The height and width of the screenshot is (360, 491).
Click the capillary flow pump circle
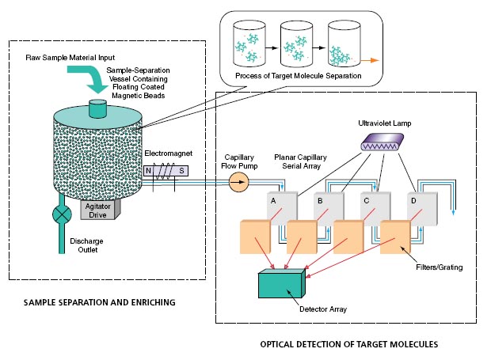(239, 182)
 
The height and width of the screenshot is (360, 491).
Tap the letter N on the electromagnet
(148, 171)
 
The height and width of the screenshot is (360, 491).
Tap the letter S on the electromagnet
(181, 171)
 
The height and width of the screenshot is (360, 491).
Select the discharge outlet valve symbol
(62, 214)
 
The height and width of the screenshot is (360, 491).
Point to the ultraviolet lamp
(382, 142)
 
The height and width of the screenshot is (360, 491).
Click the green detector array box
(281, 283)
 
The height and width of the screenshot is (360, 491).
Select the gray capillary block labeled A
(282, 208)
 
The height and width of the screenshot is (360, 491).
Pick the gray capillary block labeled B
(329, 208)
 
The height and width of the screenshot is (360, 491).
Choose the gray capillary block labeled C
(375, 208)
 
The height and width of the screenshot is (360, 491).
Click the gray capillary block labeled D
(422, 208)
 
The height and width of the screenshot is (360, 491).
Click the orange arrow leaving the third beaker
(370, 60)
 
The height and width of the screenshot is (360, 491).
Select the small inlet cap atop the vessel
(98, 108)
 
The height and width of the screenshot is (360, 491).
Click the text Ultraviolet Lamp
(385, 123)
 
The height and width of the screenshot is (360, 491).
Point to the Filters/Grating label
(439, 267)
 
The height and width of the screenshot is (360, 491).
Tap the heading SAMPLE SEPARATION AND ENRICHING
(100, 302)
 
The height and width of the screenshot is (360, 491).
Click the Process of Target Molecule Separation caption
(298, 76)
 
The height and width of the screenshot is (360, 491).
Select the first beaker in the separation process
(249, 44)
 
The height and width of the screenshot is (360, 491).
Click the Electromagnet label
(168, 153)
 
